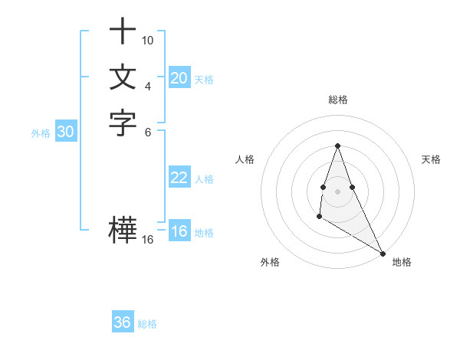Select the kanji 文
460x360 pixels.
tap(123, 77)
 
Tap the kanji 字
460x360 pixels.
tap(123, 123)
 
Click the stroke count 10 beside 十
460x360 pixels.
tap(148, 40)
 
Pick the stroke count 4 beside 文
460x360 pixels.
tap(148, 86)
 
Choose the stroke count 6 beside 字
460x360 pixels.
tap(148, 132)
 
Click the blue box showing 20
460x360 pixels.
tap(179, 78)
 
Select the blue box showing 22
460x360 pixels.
tap(179, 178)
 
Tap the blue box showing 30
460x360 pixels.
tap(66, 132)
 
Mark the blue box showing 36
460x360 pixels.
tap(123, 322)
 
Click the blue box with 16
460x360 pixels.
tap(179, 232)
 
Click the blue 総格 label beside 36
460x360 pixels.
tap(147, 324)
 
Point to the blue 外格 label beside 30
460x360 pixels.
tap(41, 133)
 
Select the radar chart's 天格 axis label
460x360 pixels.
tap(431, 159)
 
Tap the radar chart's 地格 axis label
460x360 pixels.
tap(402, 262)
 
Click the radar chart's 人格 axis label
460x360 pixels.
tap(245, 159)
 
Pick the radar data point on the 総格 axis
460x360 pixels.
tap(337, 146)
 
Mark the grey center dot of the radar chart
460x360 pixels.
tap(337, 191)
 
